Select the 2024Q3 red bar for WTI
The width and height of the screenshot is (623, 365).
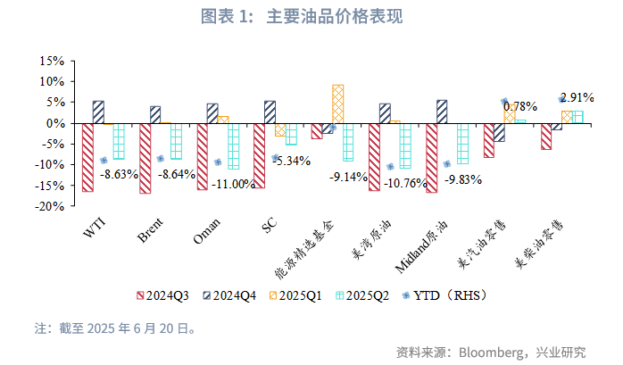[87, 157]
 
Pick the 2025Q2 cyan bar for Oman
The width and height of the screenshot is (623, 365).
[234, 145]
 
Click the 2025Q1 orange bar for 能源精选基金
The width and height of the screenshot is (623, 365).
[337, 104]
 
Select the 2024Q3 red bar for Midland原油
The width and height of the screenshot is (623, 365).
[432, 157]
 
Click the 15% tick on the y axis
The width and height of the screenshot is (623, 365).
[51, 61]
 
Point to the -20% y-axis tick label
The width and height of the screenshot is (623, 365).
[48, 206]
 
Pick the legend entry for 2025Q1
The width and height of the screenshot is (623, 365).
[299, 294]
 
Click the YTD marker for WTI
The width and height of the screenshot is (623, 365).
[104, 161]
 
